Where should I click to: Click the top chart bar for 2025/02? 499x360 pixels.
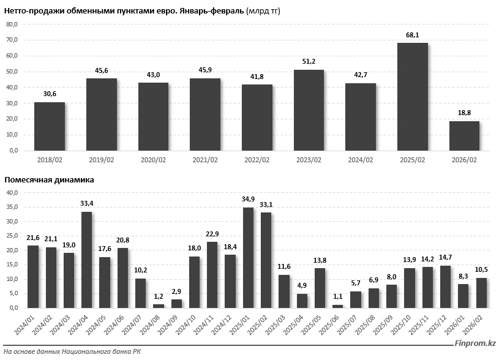413,97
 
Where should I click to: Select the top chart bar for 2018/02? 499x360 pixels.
50,126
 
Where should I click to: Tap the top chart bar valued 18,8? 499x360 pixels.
464,135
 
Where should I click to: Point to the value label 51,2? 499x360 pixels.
309,62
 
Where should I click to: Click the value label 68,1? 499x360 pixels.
413,35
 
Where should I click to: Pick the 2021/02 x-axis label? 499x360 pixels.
205,160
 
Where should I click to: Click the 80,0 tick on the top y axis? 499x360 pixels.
12,24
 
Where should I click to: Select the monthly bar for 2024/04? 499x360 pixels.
87,260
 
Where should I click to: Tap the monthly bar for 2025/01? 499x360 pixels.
249,257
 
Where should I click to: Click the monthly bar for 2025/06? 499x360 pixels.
338,306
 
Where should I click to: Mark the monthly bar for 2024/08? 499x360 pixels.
159,306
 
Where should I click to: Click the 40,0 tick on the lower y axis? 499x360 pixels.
12,192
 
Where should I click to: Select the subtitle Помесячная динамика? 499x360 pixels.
49,180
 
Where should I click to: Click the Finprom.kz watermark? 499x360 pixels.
472,344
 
